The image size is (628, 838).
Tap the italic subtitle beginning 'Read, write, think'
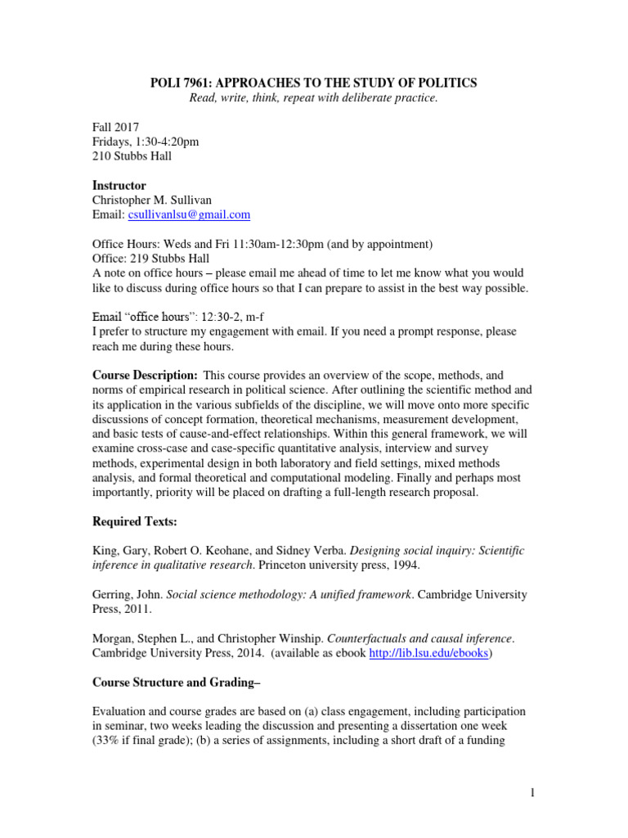click(x=313, y=98)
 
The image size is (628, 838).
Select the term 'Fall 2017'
click(x=114, y=127)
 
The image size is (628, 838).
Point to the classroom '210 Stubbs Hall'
click(x=132, y=156)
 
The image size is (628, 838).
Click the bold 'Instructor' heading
click(x=119, y=186)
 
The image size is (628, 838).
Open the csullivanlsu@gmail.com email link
click(x=189, y=215)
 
